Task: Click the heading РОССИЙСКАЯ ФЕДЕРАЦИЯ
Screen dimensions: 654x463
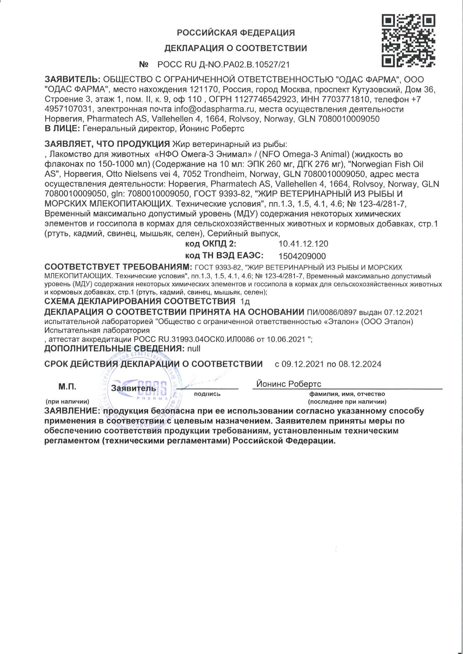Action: point(236,33)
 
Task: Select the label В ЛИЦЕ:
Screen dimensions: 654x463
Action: point(62,129)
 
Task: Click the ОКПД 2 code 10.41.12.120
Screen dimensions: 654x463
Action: point(303,244)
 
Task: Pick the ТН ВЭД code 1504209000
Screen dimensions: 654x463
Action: point(302,256)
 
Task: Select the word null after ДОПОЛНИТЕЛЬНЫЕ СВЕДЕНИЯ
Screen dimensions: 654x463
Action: point(193,349)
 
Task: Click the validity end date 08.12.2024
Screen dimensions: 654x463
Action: point(360,364)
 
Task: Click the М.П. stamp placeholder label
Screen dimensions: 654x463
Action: point(67,387)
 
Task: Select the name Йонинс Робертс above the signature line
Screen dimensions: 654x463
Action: point(288,384)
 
